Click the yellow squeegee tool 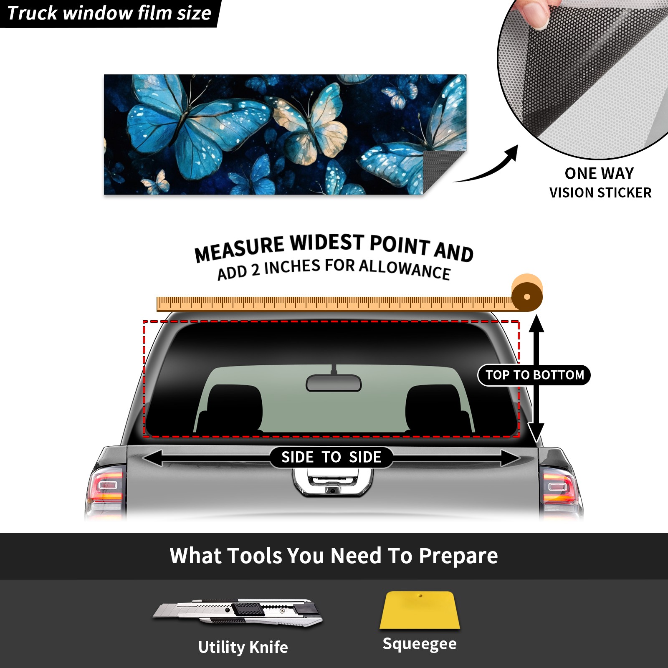[x=420, y=610]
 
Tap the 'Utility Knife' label [x=243, y=647]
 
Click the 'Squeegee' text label [x=420, y=644]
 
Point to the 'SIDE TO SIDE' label [x=331, y=457]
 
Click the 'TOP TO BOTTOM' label [x=534, y=375]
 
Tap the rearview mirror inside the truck [x=334, y=382]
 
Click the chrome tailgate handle [x=333, y=482]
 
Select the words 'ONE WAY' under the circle [x=599, y=173]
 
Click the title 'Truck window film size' [x=109, y=13]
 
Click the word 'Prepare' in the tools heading [x=458, y=556]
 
